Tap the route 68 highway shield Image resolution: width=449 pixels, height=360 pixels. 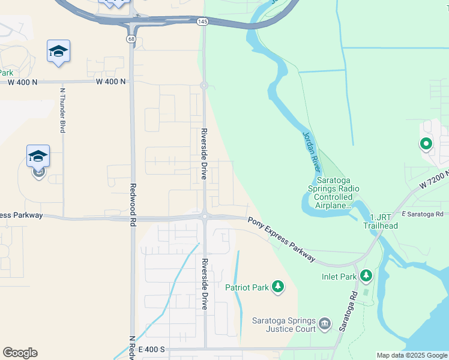point(130,38)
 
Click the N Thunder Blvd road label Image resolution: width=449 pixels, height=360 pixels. point(62,110)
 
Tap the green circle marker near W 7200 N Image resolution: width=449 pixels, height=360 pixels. point(426,143)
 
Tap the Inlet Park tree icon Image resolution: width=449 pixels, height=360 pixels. point(366,276)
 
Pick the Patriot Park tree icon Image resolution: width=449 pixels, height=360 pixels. point(277,287)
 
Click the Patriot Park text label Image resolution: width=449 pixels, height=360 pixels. point(247,287)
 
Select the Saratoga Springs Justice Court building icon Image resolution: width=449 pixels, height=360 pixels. point(325,325)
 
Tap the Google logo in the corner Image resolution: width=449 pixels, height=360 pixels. point(20,353)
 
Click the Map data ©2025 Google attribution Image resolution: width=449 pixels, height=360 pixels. point(412,355)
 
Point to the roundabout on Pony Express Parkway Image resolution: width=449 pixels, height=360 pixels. point(204,216)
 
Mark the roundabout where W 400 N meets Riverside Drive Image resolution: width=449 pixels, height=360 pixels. point(204,85)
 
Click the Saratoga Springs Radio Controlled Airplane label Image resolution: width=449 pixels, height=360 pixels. point(338,193)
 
